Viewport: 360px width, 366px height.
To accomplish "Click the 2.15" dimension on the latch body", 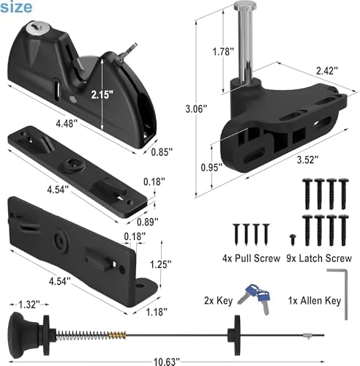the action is pos(102,94).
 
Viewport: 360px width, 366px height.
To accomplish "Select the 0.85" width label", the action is pos(162,152).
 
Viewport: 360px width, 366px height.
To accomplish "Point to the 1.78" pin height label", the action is pos(223,51).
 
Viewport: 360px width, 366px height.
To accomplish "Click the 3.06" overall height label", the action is pos(196,108).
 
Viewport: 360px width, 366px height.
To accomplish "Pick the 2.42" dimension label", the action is pos(327,71).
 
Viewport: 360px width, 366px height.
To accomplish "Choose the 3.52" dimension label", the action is pos(307,160).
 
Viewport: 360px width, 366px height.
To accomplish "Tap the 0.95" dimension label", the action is pos(211,168).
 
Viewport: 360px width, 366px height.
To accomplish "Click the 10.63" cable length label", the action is pos(167,362).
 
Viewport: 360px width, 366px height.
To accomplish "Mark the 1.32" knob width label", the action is pos(29,305).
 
